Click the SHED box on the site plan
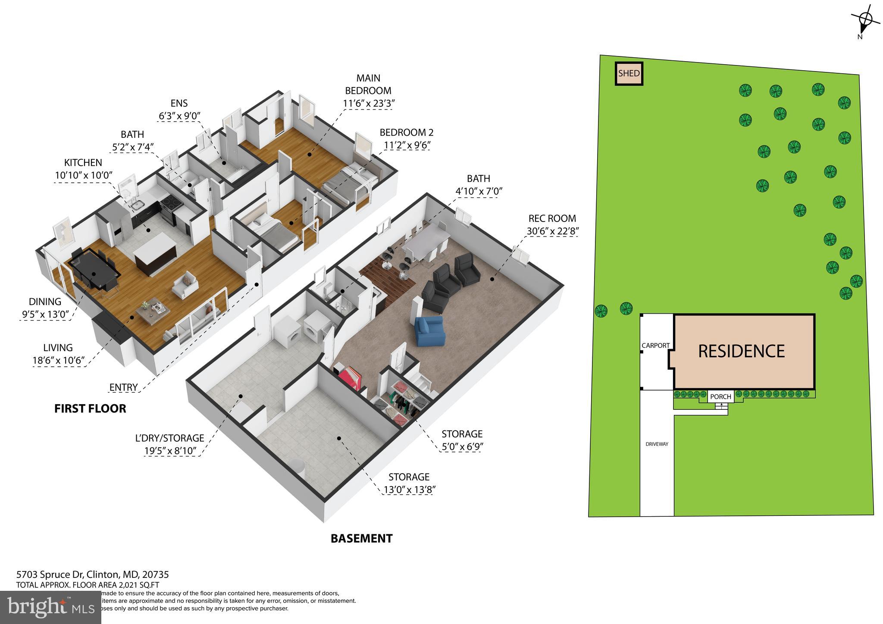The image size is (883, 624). coord(629,74)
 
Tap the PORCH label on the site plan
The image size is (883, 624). coord(720,396)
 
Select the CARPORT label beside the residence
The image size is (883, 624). coord(655,345)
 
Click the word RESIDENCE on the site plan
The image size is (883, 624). coord(741,351)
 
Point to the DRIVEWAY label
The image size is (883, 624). coord(657,444)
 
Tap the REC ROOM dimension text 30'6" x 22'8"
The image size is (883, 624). coord(552,231)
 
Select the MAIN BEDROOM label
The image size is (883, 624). coord(368,84)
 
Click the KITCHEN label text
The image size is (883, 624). coord(83,162)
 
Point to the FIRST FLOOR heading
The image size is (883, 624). coord(90,409)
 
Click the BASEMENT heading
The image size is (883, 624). coord(361,538)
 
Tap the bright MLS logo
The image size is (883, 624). coord(50,607)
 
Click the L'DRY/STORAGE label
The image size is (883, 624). coord(169,438)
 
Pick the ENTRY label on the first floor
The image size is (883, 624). coord(123,387)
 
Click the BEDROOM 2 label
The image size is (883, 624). coord(406,132)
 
